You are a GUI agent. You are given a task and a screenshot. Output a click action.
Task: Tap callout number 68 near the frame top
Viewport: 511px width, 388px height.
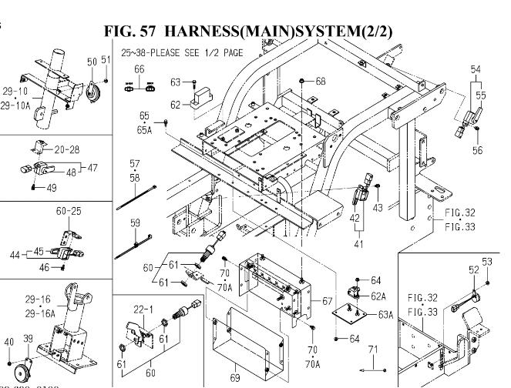(321, 81)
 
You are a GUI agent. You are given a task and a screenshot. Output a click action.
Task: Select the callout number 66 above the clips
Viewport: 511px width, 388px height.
(140, 69)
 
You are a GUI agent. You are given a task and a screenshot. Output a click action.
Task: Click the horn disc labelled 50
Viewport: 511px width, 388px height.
(92, 92)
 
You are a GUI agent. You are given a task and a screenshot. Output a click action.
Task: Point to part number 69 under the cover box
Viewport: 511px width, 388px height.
(235, 377)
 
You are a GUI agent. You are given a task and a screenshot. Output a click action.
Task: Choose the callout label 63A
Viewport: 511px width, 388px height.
(386, 315)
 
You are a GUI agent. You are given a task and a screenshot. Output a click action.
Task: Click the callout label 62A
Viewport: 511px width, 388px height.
(378, 296)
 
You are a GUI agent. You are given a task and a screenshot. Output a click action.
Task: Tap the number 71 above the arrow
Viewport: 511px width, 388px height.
(373, 350)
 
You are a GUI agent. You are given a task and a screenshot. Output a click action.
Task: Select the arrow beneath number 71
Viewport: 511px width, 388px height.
(372, 370)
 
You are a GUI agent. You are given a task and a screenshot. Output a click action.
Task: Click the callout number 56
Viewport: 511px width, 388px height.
(477, 150)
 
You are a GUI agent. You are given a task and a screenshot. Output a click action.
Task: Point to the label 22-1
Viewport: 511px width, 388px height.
(143, 309)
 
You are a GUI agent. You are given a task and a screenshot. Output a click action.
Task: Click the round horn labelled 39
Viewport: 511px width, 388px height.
(23, 370)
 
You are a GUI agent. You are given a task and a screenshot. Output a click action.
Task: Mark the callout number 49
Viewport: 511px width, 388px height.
(51, 188)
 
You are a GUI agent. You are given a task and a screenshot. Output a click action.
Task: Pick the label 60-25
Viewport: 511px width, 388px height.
(69, 211)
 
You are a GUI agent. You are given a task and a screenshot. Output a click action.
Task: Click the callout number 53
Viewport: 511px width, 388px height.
(487, 262)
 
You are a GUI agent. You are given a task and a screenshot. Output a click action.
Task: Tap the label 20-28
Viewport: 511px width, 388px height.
(67, 149)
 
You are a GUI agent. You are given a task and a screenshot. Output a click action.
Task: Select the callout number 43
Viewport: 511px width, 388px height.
(378, 208)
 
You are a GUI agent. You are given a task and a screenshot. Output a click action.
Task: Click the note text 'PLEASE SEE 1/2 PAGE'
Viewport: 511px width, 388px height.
(197, 52)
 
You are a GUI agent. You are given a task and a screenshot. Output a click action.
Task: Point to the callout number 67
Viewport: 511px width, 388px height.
(327, 301)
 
